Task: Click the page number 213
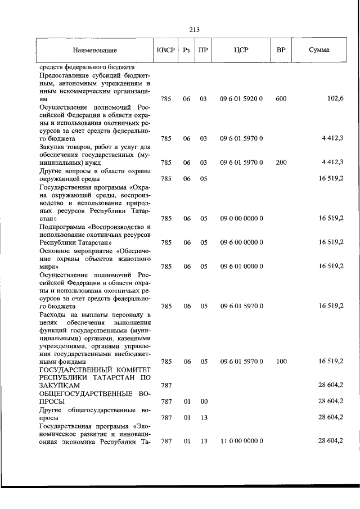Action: point(180,30)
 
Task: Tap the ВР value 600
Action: point(281,98)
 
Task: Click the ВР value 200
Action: point(281,163)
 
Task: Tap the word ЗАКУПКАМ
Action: point(59,386)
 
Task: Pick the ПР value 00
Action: point(204,402)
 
